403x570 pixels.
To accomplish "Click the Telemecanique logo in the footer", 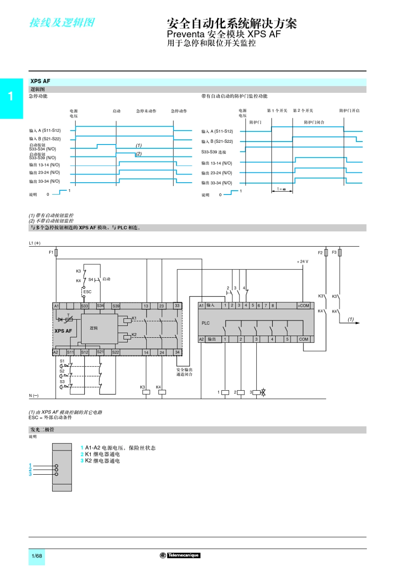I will click(180, 555).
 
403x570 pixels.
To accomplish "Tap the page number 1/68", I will click(37, 556).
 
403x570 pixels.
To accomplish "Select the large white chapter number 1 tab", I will click(11, 96).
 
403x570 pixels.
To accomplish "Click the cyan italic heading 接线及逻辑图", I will click(62, 22).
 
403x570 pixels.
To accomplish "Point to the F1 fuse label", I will click(51, 252).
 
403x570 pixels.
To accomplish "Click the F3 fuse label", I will click(334, 252).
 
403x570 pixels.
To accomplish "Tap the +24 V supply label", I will click(302, 261).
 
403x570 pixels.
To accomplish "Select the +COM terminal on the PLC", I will click(303, 305).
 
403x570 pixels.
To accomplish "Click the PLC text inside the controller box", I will click(206, 323).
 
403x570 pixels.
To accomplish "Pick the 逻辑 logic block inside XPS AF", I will click(94, 328).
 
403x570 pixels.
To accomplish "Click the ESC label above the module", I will click(87, 292).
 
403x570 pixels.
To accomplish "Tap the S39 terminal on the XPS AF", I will click(116, 306).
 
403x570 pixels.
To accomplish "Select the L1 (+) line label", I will click(35, 243).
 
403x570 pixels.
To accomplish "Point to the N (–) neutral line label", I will click(34, 395).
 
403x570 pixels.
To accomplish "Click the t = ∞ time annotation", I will click(282, 189).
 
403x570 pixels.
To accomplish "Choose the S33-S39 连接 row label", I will click(214, 152).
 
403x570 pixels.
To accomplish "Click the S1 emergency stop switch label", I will click(62, 361).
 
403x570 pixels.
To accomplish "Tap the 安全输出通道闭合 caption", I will click(185, 372).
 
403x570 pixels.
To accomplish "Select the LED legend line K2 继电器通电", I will click(102, 461).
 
